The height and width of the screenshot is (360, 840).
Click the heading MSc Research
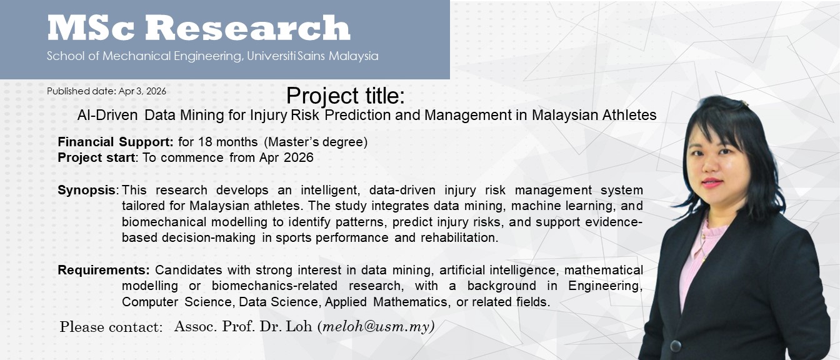point(199,27)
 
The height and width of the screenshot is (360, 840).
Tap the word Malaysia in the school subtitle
point(354,56)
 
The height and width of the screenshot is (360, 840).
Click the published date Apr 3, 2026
point(142,91)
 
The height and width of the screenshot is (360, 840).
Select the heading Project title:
point(346,96)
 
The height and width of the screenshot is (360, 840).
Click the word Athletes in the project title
point(629,115)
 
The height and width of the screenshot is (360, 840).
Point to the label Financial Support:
point(116,142)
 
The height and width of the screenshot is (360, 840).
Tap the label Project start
point(96,157)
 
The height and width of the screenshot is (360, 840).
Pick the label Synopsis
point(87,191)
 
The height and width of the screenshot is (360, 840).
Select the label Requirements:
point(104,270)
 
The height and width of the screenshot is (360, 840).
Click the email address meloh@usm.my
point(376,327)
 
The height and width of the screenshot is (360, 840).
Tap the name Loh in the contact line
point(299,326)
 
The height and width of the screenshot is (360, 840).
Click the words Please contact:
point(111,327)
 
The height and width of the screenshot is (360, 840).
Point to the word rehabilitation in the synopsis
point(459,237)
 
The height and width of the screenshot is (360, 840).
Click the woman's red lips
point(712,183)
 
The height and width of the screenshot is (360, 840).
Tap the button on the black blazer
point(676,346)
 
